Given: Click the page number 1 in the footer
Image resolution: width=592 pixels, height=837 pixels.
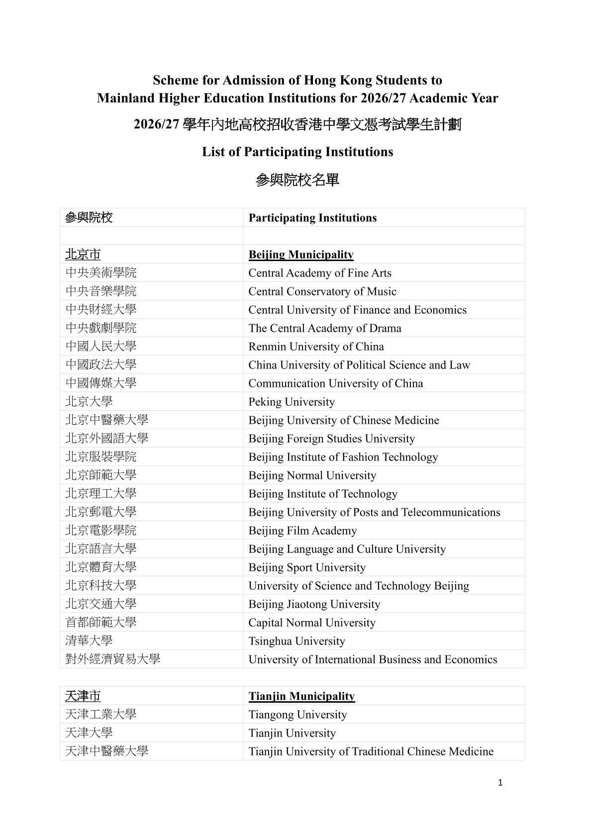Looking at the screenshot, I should point(500,783).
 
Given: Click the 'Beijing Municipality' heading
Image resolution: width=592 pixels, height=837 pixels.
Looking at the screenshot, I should point(301,255).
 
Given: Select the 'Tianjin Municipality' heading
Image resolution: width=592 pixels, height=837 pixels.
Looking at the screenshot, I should point(301,696).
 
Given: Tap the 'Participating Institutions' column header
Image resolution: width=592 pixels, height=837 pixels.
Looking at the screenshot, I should point(312,218).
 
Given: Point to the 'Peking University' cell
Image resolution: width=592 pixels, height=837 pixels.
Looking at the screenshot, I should point(292,402).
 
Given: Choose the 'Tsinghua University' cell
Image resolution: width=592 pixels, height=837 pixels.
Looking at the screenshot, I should point(296,641).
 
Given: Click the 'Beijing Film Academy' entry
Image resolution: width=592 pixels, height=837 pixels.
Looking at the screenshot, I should point(302,531).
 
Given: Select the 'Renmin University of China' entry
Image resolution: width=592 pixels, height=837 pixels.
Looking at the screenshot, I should point(316,347).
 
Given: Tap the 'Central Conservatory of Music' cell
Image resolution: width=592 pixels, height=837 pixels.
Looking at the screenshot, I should point(322,291).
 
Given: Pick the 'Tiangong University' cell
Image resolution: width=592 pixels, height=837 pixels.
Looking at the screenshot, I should point(297,715).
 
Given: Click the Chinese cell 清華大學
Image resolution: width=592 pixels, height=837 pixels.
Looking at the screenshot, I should point(89,641).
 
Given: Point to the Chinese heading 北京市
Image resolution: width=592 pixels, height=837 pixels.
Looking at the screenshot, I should point(83,255).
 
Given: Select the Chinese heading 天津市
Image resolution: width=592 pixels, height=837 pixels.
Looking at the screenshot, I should point(83,696).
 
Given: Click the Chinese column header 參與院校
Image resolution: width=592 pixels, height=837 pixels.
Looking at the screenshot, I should point(89,218).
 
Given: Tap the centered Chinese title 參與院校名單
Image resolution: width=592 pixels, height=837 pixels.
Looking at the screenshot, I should point(297,180).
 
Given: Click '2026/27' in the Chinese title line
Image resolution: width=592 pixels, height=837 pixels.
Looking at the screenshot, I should point(156,125).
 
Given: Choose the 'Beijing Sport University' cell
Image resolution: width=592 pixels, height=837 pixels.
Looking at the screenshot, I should point(307,567).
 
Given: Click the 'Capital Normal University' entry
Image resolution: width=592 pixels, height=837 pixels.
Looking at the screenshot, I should point(312,623).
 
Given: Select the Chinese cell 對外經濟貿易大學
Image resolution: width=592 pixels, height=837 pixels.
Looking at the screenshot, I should point(113,659).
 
